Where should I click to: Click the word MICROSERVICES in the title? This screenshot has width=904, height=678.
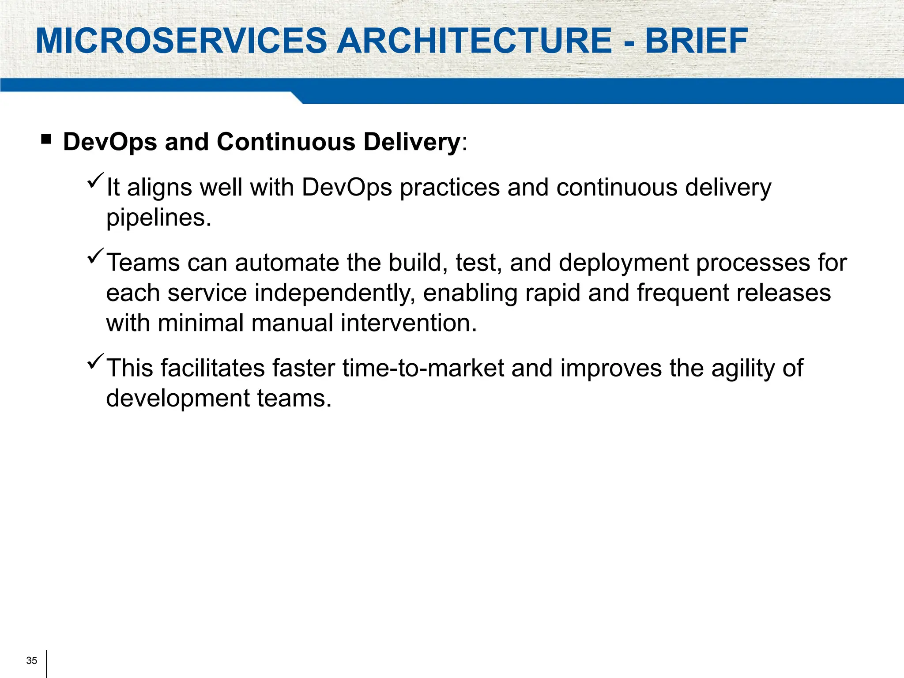181,41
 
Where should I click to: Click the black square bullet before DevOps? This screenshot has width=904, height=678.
46,140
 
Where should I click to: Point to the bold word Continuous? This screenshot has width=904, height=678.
286,142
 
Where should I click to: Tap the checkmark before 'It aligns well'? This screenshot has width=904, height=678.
95,181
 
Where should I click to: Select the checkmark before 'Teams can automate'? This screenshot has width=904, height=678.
95,256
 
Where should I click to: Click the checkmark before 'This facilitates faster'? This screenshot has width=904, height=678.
95,361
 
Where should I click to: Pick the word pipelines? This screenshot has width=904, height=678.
158,218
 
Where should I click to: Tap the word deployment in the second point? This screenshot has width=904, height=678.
623,264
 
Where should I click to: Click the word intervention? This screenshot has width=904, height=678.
408,323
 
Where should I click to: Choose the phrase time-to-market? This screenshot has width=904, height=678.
423,368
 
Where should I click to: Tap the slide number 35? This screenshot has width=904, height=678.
32,660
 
